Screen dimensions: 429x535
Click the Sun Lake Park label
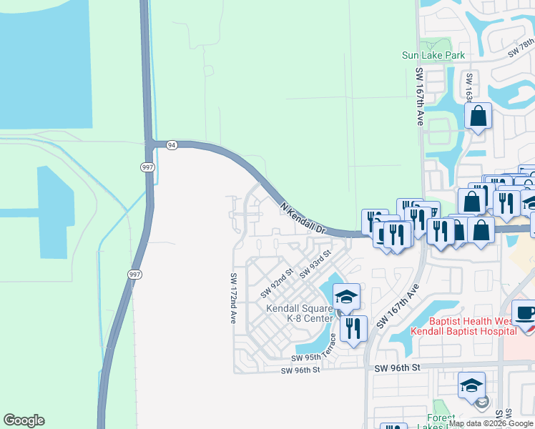point(433,55)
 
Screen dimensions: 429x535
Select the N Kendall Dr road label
point(303,219)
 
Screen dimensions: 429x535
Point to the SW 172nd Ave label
point(233,299)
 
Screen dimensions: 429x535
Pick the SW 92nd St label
point(278,282)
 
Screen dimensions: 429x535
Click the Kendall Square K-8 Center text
point(300,313)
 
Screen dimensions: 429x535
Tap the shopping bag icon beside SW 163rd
point(478,117)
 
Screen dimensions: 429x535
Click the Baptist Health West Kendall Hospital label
point(472,326)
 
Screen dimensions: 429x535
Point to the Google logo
point(24,420)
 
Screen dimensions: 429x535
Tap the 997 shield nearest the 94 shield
point(147,167)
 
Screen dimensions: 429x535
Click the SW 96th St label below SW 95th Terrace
point(299,370)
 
